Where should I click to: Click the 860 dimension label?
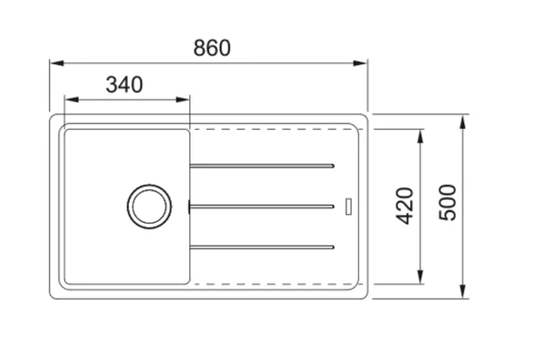(x=212, y=48)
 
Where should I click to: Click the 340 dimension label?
(x=124, y=84)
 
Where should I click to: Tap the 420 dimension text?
(x=404, y=206)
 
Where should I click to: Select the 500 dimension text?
(x=448, y=203)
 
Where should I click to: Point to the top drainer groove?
(x=262, y=166)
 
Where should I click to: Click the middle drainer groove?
(x=262, y=206)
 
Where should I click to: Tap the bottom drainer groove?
(x=262, y=247)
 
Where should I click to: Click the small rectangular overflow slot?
(x=348, y=206)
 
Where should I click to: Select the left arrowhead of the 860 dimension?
(x=57, y=63)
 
